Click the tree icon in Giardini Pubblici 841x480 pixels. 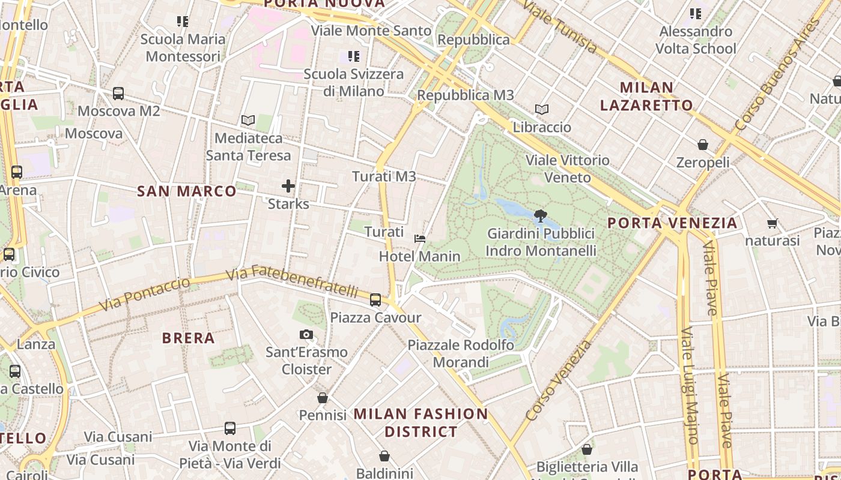pos(540,215)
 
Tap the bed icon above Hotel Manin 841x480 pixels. pos(420,239)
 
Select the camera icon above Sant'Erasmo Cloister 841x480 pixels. pos(306,334)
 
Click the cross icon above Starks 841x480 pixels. pos(288,186)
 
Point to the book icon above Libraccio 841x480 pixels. pos(542,110)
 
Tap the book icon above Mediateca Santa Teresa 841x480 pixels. pos(248,120)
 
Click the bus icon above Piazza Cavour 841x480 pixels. pos(375,299)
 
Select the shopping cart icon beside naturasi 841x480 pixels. pos(772,224)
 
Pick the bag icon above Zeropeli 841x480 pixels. pos(703,145)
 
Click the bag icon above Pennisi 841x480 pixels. pos(323,398)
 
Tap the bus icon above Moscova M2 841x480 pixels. pos(118,94)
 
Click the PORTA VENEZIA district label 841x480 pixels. pos(672,223)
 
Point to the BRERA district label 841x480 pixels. pos(188,338)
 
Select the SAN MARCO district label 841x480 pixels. pos(187,191)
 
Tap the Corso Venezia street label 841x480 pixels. pos(558,380)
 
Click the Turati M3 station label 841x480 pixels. pos(384,176)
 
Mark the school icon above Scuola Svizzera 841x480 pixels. pos(354,56)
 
